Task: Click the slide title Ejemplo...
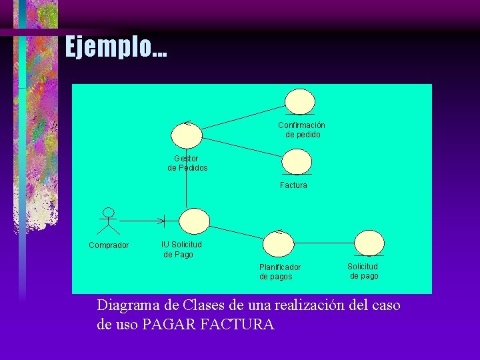(116, 47)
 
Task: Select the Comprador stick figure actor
(108, 221)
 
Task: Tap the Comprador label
(109, 245)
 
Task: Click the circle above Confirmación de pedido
(300, 101)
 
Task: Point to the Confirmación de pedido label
(302, 129)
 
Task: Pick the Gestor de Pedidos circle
(186, 135)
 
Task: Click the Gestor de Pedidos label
(187, 163)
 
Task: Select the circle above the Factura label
(297, 161)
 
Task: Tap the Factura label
(293, 185)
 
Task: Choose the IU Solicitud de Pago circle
(195, 221)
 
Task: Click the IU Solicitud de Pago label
(181, 249)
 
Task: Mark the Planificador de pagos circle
(279, 243)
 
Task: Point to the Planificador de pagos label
(280, 272)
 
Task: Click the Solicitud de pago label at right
(363, 271)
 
